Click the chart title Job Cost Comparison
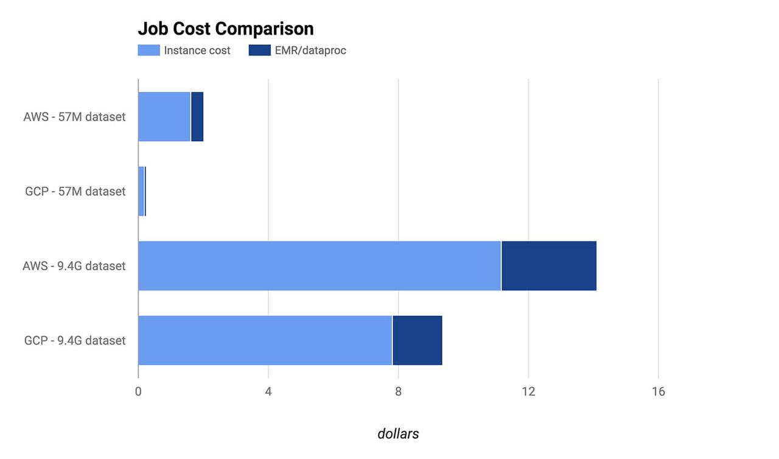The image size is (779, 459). [226, 29]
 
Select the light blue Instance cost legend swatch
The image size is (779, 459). [148, 51]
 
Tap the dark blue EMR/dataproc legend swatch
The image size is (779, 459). [259, 51]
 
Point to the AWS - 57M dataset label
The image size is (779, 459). [74, 117]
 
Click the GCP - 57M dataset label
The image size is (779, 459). [75, 191]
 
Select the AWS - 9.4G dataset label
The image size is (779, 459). [74, 266]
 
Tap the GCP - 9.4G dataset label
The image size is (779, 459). [75, 340]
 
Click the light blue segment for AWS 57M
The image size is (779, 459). [164, 117]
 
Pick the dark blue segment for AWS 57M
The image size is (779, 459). [197, 117]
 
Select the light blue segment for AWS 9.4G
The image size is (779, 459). [320, 266]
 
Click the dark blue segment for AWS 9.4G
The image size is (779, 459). [549, 266]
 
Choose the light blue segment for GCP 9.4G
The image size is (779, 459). [265, 340]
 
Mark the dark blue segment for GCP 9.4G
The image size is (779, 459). [417, 340]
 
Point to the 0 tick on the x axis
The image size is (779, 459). [138, 392]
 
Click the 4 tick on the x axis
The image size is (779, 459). [268, 392]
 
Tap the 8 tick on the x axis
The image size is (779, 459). [398, 392]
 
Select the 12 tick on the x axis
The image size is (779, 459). [528, 392]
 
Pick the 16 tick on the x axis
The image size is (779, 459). [658, 392]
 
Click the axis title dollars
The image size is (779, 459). [398, 433]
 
